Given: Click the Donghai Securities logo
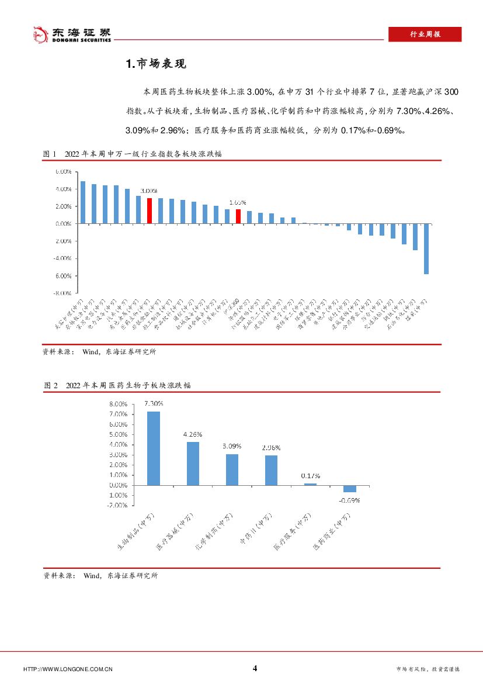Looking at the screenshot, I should [x=71, y=35].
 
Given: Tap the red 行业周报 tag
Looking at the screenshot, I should [x=425, y=34].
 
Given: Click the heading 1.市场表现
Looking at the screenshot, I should [x=156, y=64].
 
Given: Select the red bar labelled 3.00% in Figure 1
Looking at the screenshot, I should [x=150, y=210].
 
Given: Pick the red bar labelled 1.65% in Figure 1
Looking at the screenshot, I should [x=238, y=216].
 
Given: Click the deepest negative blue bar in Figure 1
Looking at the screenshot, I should [x=426, y=248].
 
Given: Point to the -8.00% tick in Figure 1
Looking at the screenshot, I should [x=63, y=293].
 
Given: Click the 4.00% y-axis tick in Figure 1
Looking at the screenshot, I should [x=63, y=189].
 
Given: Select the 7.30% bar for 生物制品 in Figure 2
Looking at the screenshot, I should [x=154, y=448].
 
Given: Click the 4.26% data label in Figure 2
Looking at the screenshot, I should [x=193, y=434].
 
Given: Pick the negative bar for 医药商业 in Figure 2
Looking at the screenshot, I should [x=350, y=489].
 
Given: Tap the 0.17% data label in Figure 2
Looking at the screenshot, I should [x=310, y=476].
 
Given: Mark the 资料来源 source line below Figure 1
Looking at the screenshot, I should [x=99, y=352].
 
